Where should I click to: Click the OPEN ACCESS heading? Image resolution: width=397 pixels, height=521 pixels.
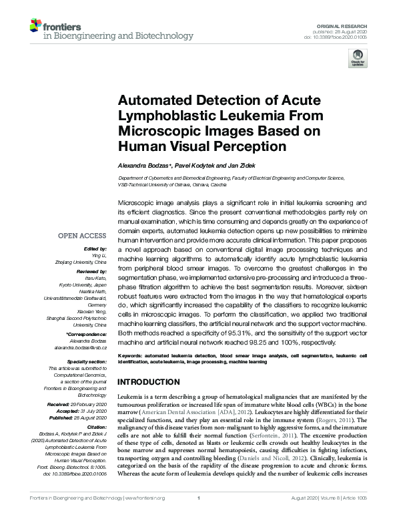point(82,236)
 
